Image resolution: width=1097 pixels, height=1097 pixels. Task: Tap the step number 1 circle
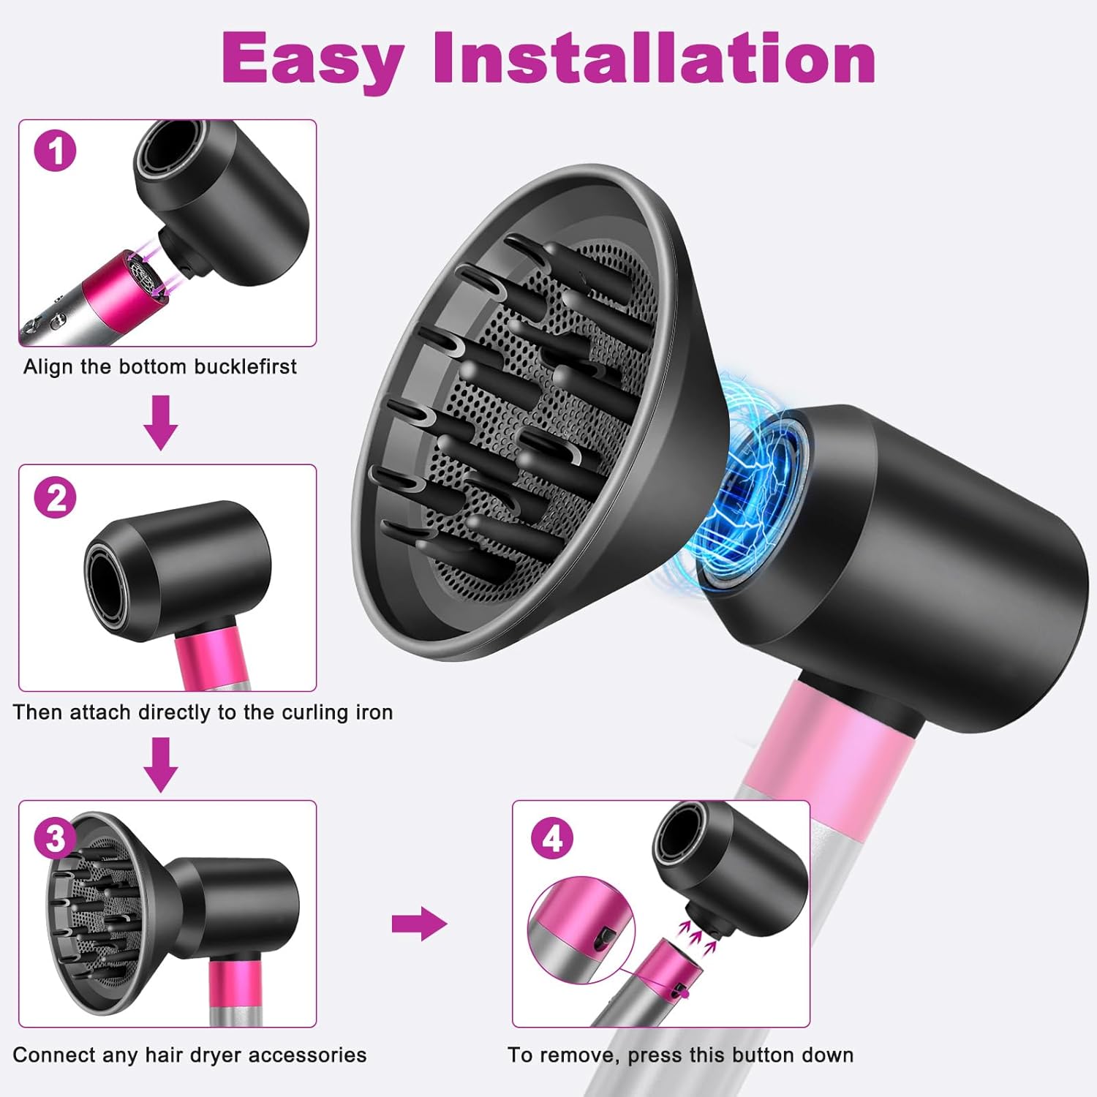coord(56,151)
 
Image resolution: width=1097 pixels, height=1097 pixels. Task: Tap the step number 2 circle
coord(56,497)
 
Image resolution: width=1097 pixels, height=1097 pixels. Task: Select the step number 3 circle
coord(56,838)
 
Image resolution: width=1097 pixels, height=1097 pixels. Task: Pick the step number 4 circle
coord(552,838)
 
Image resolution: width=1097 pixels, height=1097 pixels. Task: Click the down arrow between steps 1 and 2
coord(160,422)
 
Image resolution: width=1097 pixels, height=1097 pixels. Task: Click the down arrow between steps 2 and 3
coord(160,764)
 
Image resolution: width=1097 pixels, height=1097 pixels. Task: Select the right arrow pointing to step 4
coord(419,924)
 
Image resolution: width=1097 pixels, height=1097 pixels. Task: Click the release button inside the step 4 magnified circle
coord(606,938)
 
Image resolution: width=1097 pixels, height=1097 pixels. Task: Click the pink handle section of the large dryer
coord(826,753)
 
